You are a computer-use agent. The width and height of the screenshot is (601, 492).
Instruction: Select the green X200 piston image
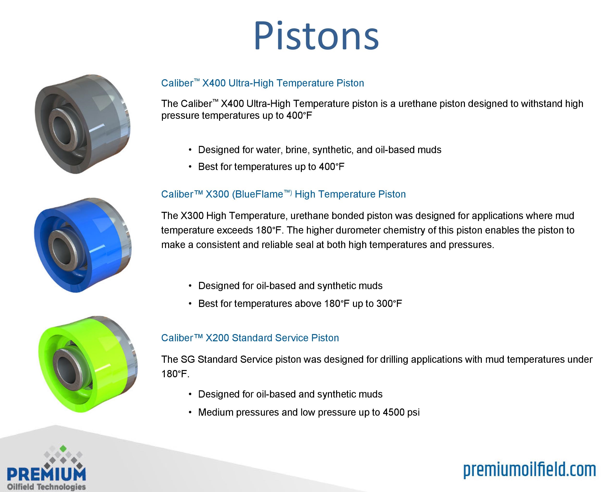[88, 364]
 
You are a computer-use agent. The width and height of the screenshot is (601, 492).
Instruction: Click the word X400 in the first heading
[214, 83]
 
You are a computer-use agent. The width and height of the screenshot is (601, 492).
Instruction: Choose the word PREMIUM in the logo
[46, 474]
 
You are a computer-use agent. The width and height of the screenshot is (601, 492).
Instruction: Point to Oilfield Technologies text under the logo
[46, 487]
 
